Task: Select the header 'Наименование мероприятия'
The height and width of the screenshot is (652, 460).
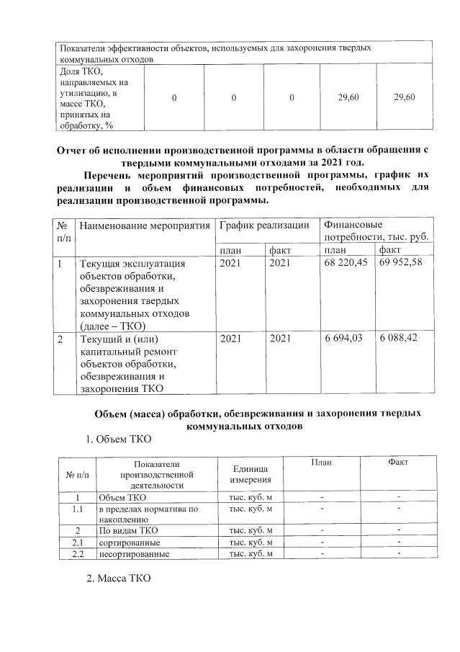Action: tap(144, 226)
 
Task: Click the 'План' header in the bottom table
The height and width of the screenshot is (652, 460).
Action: tap(321, 463)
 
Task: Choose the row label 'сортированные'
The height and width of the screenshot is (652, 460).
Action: tap(130, 542)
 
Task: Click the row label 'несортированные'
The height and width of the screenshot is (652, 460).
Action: tap(134, 554)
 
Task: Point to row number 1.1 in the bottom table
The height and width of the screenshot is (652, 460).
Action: tap(78, 509)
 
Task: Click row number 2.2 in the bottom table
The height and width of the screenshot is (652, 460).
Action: tap(78, 554)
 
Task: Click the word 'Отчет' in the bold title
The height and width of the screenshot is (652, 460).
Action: tap(75, 150)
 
